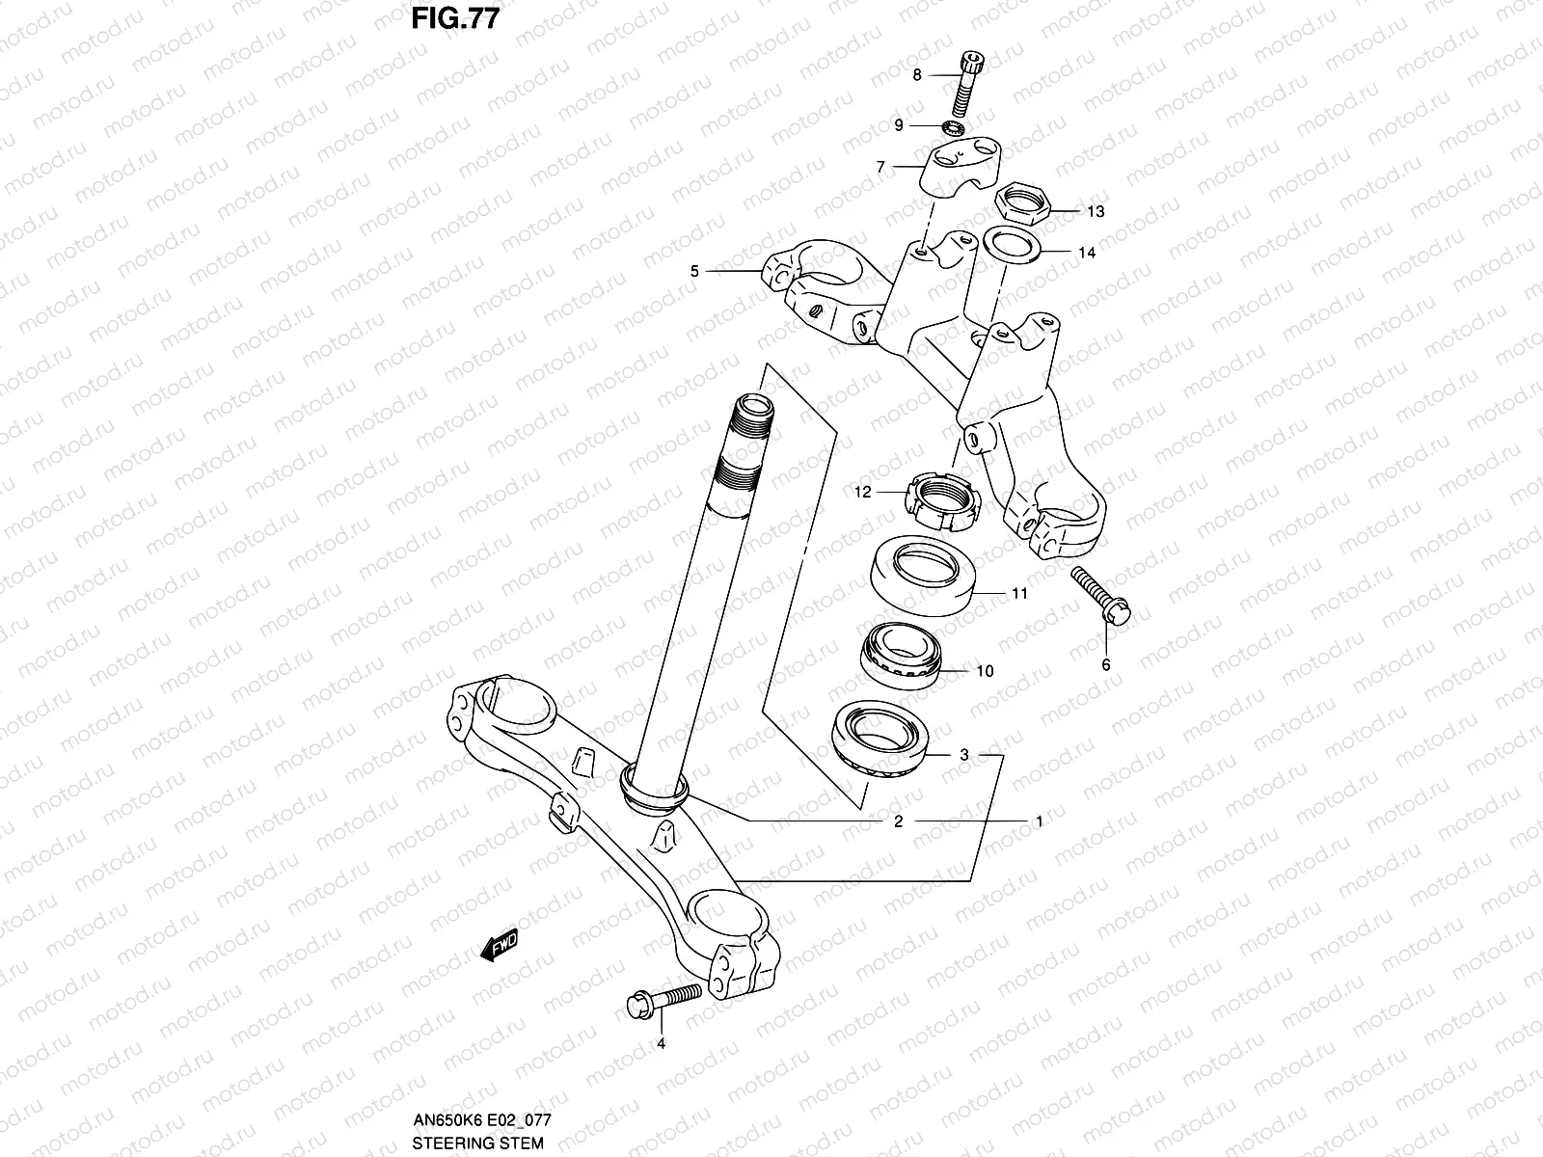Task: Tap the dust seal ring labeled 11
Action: point(923,575)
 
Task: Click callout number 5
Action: point(694,272)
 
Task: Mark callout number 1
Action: point(1038,821)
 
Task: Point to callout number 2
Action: point(898,821)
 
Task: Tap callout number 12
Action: point(862,492)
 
